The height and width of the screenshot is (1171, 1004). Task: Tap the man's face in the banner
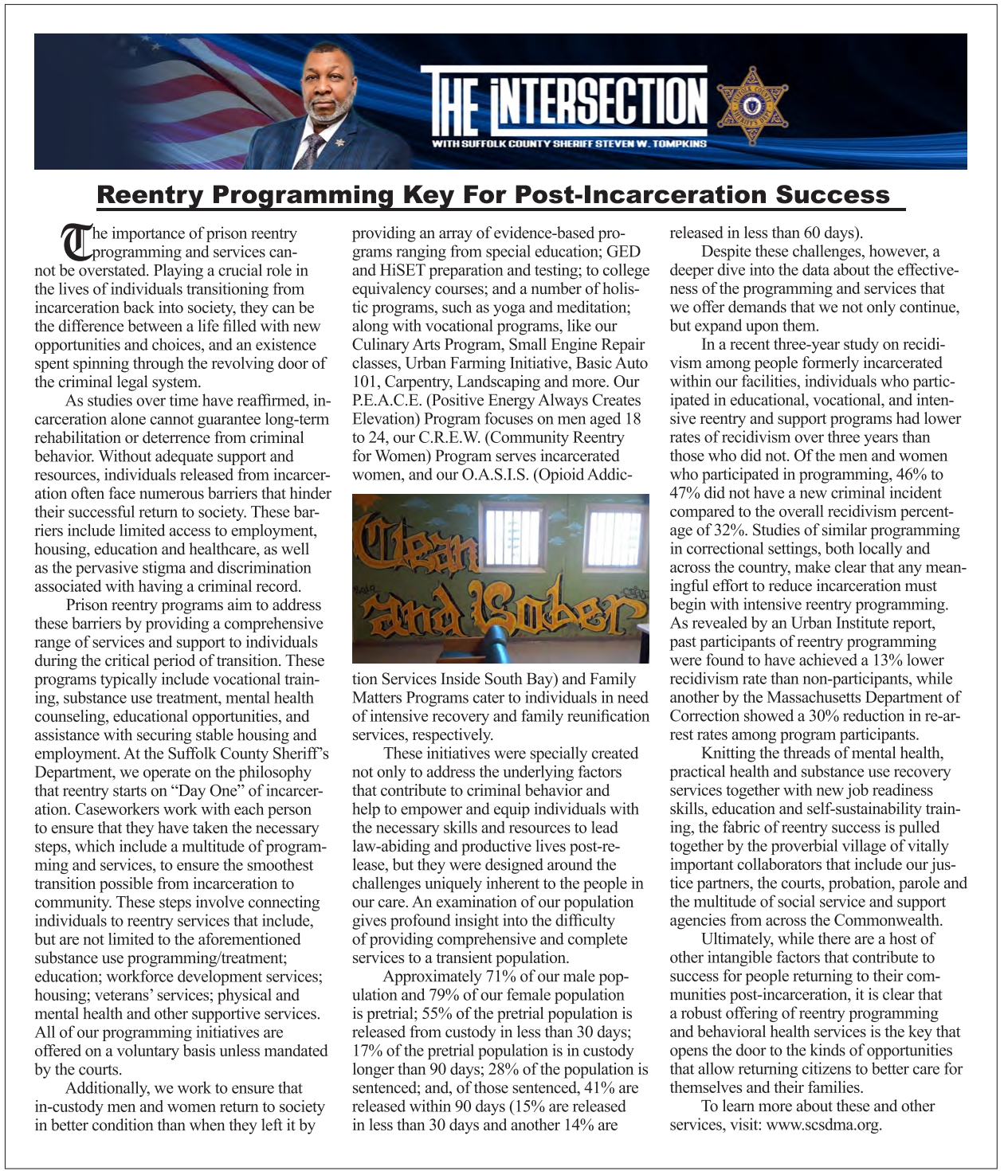pyautogui.click(x=329, y=96)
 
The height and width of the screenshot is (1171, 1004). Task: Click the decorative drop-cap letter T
pyautogui.click(x=76, y=242)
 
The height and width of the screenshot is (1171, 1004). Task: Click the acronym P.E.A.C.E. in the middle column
pyautogui.click(x=386, y=400)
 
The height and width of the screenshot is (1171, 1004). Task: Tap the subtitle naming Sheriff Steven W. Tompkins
pyautogui.click(x=569, y=144)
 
